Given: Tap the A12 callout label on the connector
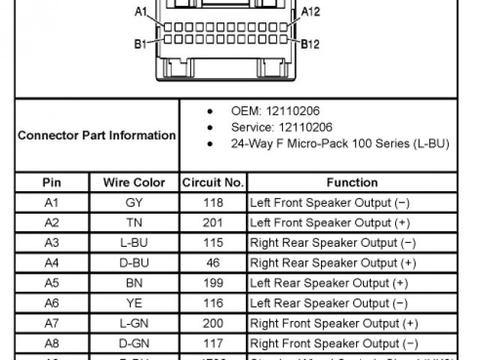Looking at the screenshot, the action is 310,12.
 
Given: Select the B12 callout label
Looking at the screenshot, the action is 310,44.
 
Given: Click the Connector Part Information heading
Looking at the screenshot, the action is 97,136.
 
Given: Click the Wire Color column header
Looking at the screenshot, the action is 134,182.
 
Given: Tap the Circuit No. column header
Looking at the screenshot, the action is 213,182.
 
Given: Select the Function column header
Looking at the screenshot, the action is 352,182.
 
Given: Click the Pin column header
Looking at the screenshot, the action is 51,182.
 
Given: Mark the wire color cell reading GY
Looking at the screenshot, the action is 134,202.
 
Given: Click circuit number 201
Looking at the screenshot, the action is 213,223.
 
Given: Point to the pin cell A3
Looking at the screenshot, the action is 51,243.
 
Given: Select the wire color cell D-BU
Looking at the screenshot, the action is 134,263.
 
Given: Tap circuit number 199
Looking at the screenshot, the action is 213,283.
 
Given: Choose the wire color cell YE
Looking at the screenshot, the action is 134,304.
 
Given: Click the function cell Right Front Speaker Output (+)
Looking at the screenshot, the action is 334,324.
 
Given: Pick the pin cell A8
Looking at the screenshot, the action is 51,344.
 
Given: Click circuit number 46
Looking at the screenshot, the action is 213,263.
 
